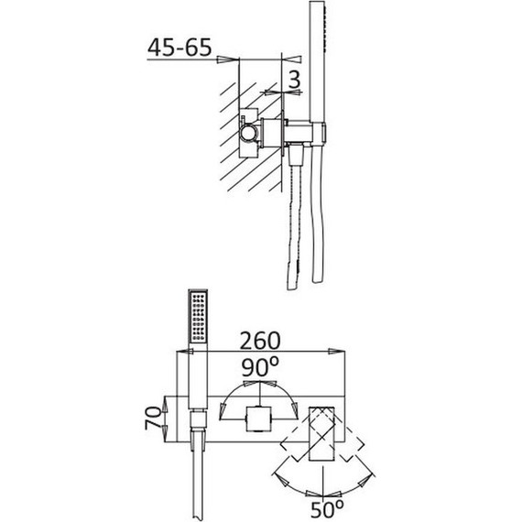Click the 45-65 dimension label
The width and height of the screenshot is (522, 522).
(179, 48)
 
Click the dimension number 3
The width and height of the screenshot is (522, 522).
(294, 80)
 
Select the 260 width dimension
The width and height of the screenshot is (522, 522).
(260, 341)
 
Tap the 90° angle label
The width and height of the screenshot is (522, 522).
(260, 367)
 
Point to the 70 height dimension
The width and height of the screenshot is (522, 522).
(153, 419)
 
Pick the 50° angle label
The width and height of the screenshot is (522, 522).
(327, 509)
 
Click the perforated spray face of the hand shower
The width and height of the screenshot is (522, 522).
(198, 316)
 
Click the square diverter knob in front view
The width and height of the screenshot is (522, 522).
(259, 419)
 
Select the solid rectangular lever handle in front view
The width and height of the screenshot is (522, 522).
(321, 433)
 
